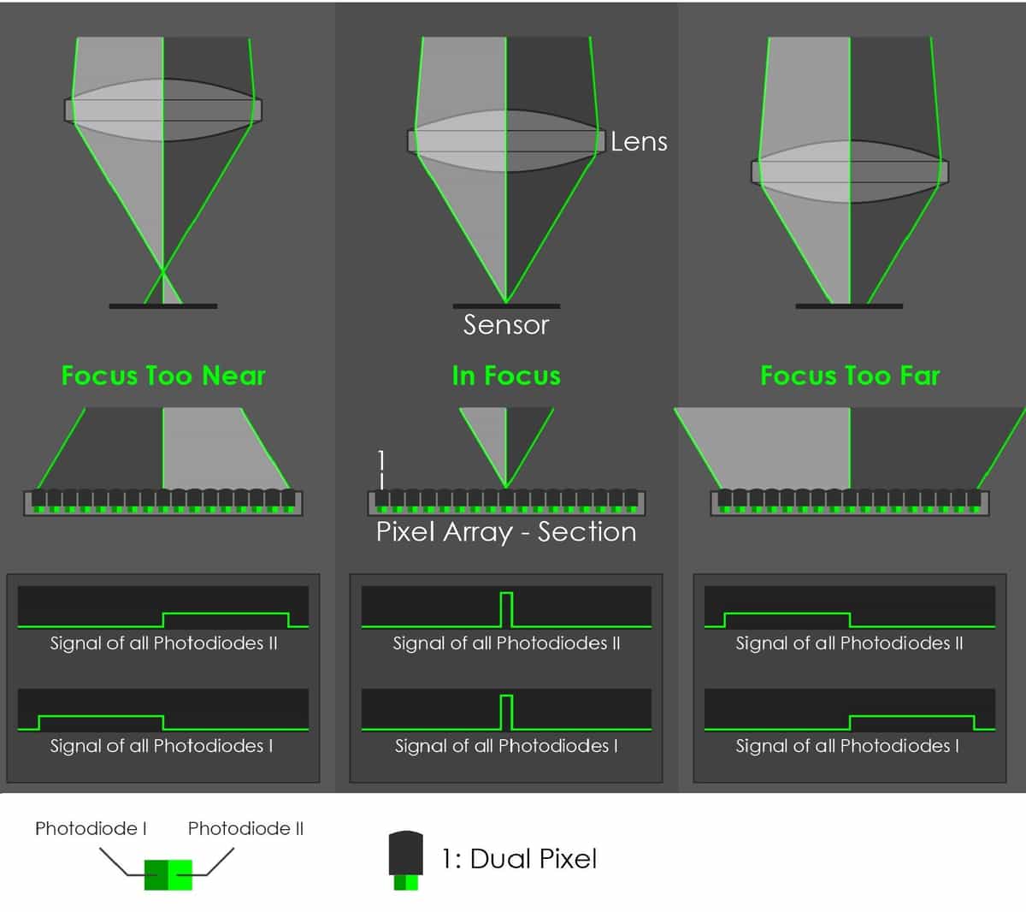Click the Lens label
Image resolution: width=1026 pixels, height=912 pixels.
[x=639, y=141]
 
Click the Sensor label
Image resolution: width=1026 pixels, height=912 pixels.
[x=506, y=325]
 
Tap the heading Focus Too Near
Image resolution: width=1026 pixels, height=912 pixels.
[x=163, y=376]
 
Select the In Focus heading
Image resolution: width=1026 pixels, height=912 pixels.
[x=506, y=376]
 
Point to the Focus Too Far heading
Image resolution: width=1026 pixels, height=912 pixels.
[x=850, y=376]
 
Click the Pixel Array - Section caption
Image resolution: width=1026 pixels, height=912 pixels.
[x=506, y=532]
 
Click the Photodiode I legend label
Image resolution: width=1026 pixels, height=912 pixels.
[x=91, y=828]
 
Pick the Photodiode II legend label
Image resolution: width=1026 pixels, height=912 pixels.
[x=245, y=828]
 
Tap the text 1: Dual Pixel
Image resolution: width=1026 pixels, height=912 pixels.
[x=519, y=859]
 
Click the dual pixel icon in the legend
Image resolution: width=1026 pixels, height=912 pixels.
[x=405, y=860]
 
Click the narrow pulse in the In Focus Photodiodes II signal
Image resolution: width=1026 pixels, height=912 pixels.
[x=506, y=609]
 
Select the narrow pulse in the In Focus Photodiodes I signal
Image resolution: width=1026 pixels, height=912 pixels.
[x=506, y=713]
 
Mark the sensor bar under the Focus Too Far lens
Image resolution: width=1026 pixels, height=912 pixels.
[x=849, y=306]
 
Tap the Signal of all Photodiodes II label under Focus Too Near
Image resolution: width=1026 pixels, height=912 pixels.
[x=163, y=643]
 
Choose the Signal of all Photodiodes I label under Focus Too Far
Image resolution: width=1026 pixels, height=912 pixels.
[x=846, y=746]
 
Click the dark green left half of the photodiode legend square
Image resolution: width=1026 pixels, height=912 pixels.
[x=156, y=875]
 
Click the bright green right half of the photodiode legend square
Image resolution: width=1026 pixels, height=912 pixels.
[x=180, y=875]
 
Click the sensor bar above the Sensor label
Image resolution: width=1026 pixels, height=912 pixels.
[x=506, y=306]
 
